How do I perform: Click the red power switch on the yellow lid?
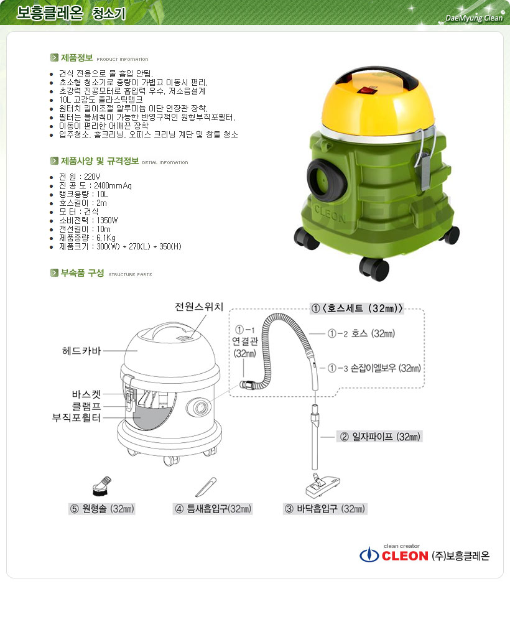click(366, 90)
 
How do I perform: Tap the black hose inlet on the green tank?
click(326, 178)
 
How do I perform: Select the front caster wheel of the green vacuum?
click(374, 268)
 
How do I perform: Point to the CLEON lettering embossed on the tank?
click(330, 214)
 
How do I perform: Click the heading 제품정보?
click(77, 58)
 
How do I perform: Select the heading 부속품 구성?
click(83, 273)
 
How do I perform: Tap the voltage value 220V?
click(92, 177)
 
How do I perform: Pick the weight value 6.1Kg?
click(106, 238)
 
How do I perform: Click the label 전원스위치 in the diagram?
click(199, 307)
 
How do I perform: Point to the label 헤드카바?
click(81, 351)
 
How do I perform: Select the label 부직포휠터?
click(76, 418)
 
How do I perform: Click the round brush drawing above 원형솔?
click(102, 486)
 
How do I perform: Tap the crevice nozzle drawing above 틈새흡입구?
click(206, 487)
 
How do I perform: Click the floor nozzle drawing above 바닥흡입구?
click(323, 485)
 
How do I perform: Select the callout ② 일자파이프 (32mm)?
click(379, 437)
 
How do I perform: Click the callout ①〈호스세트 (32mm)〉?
click(357, 309)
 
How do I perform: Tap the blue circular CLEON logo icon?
click(369, 555)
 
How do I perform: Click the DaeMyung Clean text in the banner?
click(474, 18)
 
